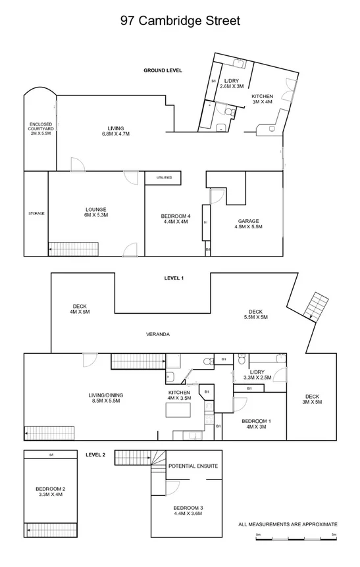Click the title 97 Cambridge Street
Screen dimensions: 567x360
pos(180,20)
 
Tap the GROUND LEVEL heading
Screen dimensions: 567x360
pos(163,70)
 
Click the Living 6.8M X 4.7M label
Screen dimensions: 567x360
pos(116,130)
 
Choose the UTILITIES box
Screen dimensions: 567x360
pos(164,178)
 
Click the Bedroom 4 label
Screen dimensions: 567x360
pos(175,219)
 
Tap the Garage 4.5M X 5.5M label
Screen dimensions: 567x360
pos(248,224)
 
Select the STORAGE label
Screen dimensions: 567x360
pos(36,213)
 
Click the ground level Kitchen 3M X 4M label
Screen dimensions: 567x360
pos(262,99)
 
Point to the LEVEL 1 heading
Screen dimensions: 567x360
pos(173,278)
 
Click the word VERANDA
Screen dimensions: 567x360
pos(158,334)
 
